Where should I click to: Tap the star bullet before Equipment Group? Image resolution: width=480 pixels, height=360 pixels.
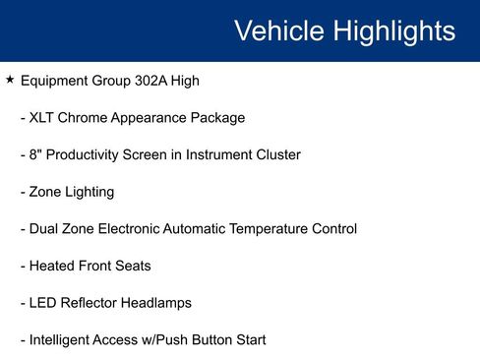tap(10, 80)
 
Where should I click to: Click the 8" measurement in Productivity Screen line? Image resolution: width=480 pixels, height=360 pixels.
tap(35, 154)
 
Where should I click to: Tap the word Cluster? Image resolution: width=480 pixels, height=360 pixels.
tap(274, 155)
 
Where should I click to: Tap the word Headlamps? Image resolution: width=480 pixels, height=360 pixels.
tap(155, 303)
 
